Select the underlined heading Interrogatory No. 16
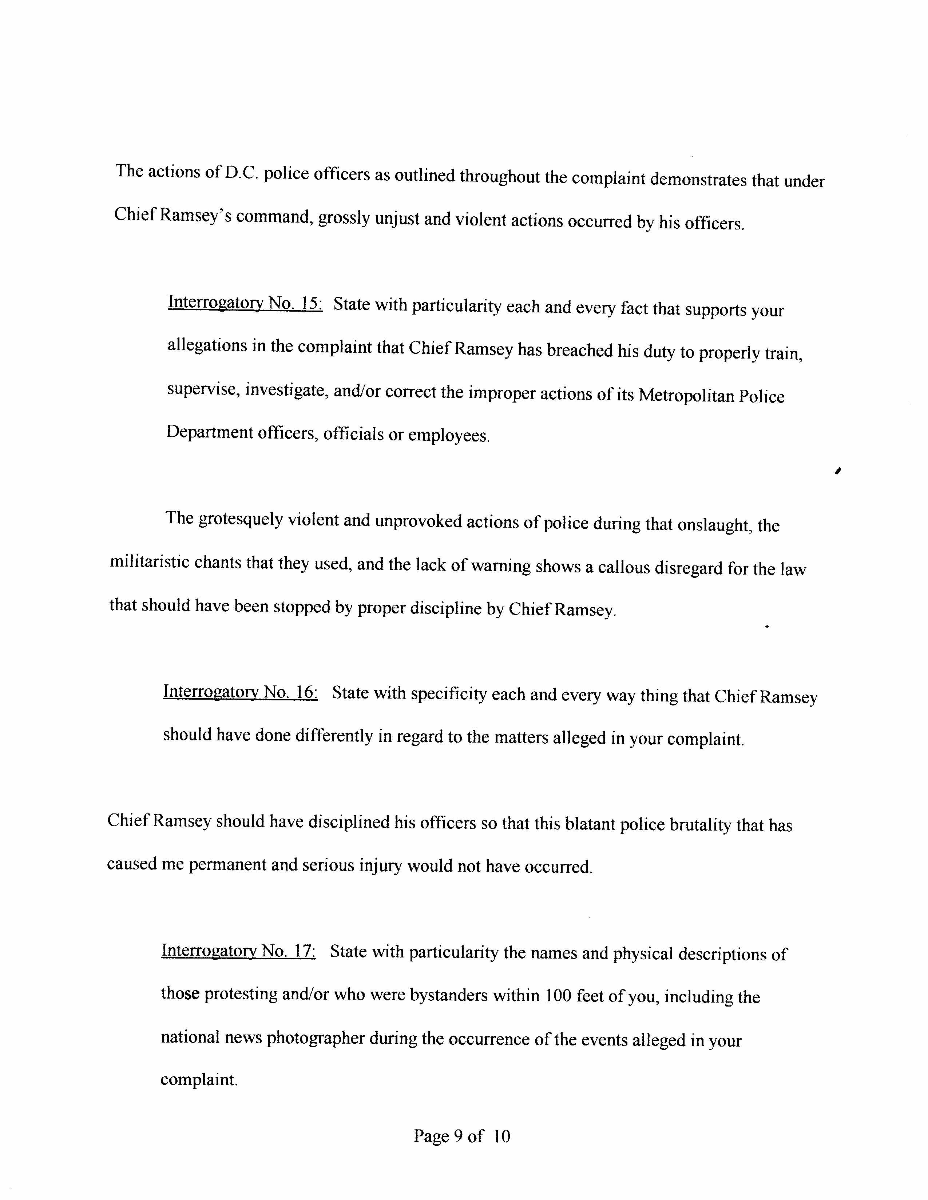point(240,692)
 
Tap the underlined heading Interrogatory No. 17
point(238,951)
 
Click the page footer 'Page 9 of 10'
point(462,1136)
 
